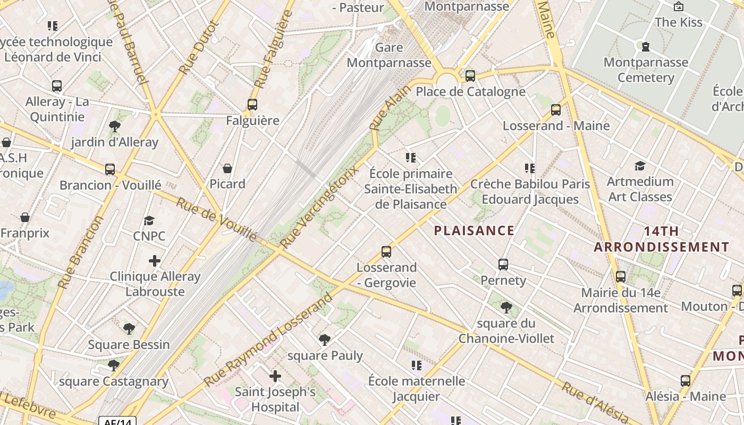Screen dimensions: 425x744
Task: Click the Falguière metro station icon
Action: [x=252, y=105]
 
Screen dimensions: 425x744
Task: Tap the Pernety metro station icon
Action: [x=503, y=264]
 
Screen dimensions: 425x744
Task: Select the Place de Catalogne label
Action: [x=470, y=91]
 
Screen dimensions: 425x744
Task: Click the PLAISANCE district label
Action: [x=474, y=231]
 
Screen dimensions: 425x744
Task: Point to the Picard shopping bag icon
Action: [x=227, y=168]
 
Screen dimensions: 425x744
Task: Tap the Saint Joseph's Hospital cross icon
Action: [x=275, y=376]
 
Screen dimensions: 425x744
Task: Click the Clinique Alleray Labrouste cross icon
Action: [x=155, y=261]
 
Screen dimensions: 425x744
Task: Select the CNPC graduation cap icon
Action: [x=149, y=220]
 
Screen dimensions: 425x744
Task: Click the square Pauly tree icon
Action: [x=324, y=340]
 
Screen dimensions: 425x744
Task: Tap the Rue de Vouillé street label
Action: [x=217, y=219]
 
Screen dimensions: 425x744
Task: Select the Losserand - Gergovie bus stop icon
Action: [x=386, y=252]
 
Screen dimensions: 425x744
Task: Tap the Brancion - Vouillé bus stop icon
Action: [x=110, y=169]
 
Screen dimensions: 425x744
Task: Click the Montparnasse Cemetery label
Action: [x=646, y=70]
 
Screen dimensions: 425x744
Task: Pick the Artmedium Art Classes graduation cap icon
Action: [x=640, y=166]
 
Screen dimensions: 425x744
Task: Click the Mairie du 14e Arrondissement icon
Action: [x=620, y=277]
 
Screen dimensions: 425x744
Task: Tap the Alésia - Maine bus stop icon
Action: [x=686, y=381]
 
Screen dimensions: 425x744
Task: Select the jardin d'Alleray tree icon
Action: [x=114, y=126]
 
